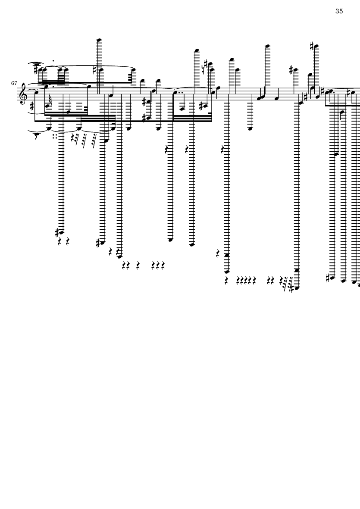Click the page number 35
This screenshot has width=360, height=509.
tap(338, 11)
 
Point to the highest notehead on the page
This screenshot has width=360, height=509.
tap(98, 40)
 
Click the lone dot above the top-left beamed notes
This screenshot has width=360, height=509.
tap(53, 61)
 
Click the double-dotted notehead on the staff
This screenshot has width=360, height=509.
tap(175, 92)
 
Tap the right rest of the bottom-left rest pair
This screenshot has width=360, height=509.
tap(68, 240)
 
